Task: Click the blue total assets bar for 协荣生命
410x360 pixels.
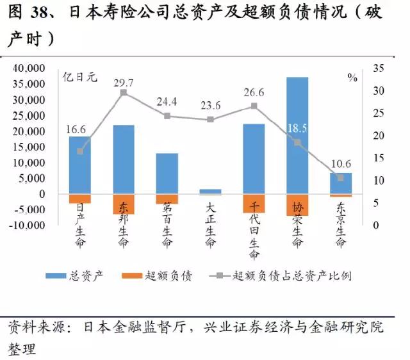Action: click(x=297, y=135)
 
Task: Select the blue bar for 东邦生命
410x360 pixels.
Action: click(x=124, y=160)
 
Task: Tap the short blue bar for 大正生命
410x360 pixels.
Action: click(x=211, y=191)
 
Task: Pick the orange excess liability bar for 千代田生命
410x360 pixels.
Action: click(x=254, y=203)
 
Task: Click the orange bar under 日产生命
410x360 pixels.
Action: click(x=80, y=199)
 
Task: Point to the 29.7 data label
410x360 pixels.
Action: click(x=124, y=83)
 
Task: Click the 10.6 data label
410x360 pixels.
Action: click(x=341, y=163)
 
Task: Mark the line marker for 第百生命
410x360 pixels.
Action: click(x=167, y=116)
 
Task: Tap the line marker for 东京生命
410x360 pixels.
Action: click(x=341, y=177)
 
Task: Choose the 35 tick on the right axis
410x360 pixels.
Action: click(x=378, y=69)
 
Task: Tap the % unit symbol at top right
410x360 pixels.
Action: click(x=352, y=78)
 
